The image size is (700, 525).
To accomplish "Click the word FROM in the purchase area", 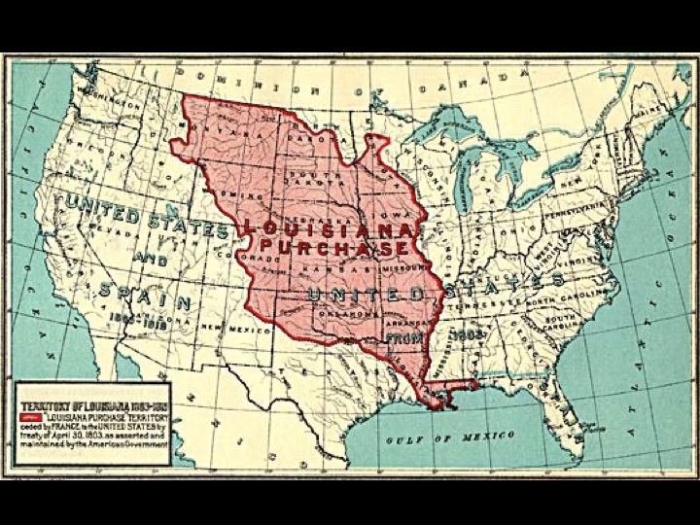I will click(x=404, y=335).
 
